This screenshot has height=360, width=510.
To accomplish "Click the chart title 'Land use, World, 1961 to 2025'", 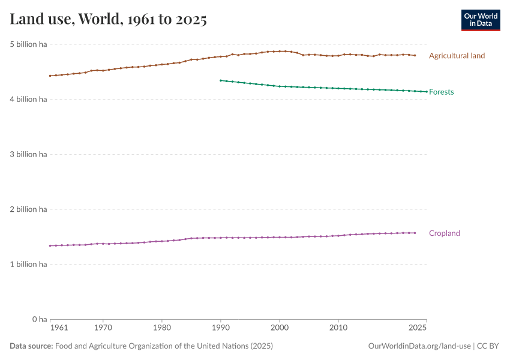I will coord(109,20).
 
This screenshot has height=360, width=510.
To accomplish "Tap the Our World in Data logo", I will coord(480,20).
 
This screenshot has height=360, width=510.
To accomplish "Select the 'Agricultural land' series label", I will coord(457,56).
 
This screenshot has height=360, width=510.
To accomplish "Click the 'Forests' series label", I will coord(441,92).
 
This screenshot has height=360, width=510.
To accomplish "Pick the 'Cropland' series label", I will coord(444,233).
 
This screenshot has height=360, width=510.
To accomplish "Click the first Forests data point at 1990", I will coord(221,80).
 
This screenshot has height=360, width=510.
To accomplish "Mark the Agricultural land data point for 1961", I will coord(50,76).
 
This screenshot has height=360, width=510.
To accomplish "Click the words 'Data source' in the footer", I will coord(31,346).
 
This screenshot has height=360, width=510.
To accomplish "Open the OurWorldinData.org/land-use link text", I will coord(419,346).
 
